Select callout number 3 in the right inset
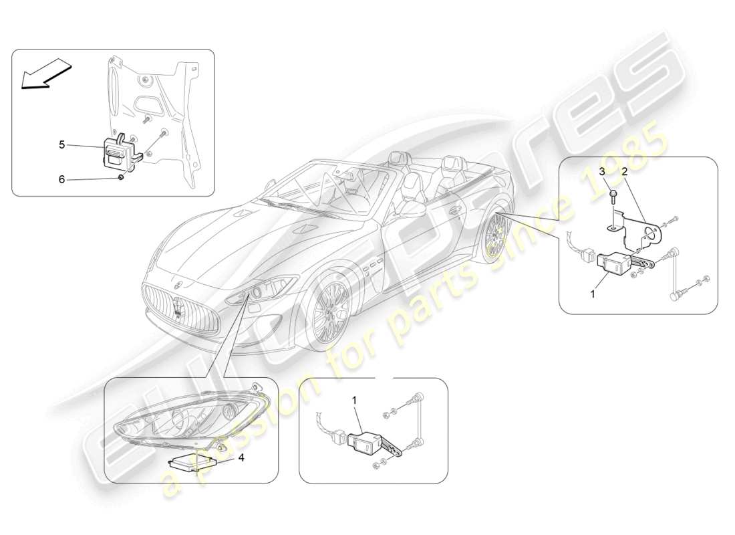[x=601, y=172]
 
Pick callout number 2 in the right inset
[x=623, y=172]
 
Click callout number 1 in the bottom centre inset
[x=355, y=400]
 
